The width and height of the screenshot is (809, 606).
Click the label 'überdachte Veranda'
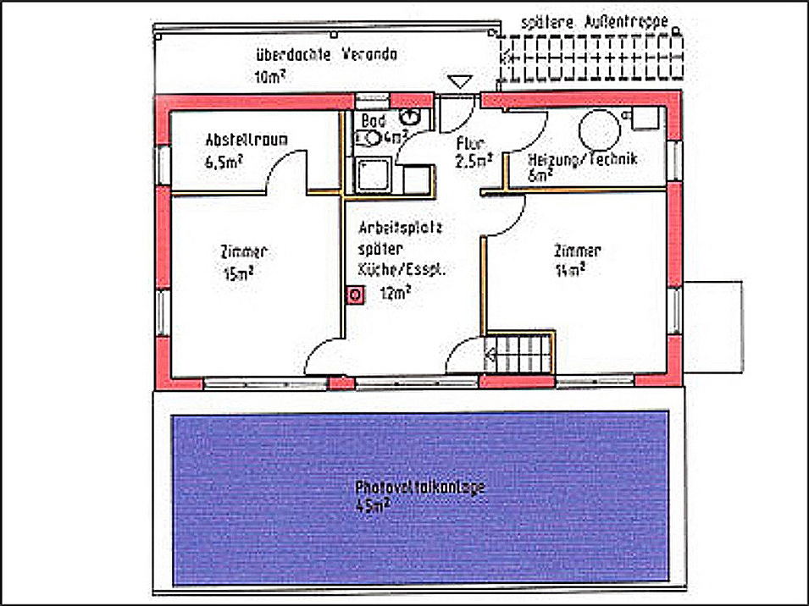(x=326, y=56)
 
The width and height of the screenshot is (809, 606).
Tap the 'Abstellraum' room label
(x=240, y=140)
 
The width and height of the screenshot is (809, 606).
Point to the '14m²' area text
(x=569, y=271)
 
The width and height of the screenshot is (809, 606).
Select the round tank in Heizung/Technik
(x=601, y=132)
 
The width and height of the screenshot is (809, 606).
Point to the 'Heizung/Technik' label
(x=582, y=159)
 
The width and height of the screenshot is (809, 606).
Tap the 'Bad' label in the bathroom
(x=373, y=121)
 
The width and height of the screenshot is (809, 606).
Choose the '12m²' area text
(x=396, y=293)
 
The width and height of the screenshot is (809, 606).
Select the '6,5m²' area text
(x=222, y=163)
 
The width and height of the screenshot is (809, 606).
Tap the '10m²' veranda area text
(x=269, y=77)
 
